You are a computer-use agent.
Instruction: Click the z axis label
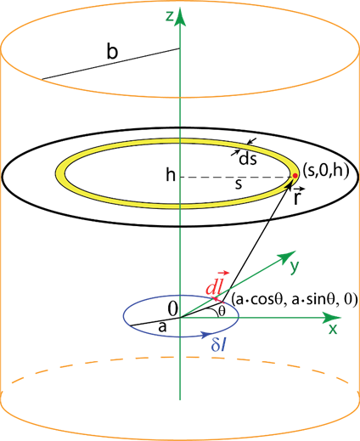[170, 17]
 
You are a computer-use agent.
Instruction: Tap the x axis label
[333, 329]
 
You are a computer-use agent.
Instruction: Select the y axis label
[295, 267]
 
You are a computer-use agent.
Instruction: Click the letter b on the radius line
[112, 51]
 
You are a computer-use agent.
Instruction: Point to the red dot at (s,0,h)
[295, 176]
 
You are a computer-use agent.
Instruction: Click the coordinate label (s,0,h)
[325, 172]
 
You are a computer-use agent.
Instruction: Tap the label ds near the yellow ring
[248, 159]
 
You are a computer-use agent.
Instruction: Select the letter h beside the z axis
[171, 175]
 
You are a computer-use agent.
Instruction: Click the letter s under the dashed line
[239, 184]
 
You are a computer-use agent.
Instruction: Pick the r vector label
[296, 195]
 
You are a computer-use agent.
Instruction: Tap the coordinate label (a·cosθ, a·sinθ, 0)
[294, 300]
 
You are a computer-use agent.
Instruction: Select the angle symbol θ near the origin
[222, 312]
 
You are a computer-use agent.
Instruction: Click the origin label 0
[172, 309]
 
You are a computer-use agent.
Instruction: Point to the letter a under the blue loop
[162, 327]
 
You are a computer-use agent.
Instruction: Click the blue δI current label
[219, 345]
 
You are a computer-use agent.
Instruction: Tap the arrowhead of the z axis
[180, 18]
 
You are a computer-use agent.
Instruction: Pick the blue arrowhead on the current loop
[205, 335]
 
